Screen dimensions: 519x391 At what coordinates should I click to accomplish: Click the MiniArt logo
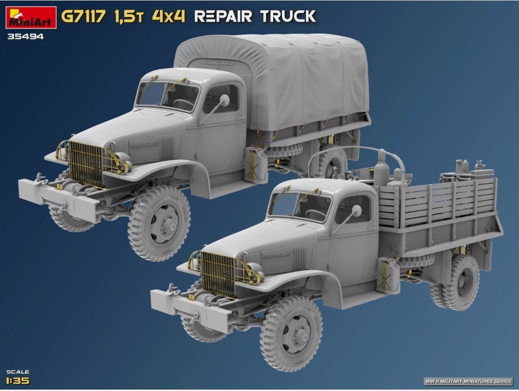point(31,17)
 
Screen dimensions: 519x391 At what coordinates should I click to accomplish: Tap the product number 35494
point(26,37)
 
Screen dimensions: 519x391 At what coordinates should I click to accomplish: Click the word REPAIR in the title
point(223,16)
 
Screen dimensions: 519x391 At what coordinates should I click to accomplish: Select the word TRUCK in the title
point(288,16)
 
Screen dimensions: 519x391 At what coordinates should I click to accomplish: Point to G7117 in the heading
point(83,16)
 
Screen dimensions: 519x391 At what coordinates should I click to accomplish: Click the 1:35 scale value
point(18,381)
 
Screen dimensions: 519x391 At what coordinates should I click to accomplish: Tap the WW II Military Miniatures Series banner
point(468,381)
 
